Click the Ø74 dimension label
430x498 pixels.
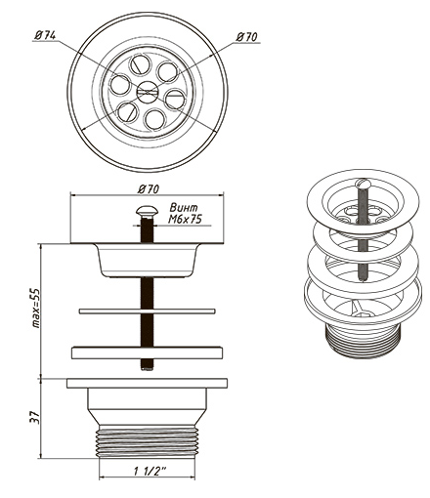[x=45, y=35]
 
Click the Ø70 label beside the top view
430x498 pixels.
[x=246, y=37]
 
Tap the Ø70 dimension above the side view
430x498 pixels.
[x=149, y=189]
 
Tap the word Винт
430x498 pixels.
[x=184, y=208]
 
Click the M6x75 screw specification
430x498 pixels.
[x=185, y=219]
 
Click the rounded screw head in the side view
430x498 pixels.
[x=147, y=211]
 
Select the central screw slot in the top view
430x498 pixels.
[x=148, y=92]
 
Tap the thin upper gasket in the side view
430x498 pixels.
[x=147, y=311]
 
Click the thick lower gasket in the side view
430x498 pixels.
[x=147, y=353]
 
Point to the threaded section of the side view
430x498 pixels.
[x=147, y=441]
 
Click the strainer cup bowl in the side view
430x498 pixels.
[x=147, y=261]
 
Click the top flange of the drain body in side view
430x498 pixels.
[x=147, y=383]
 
